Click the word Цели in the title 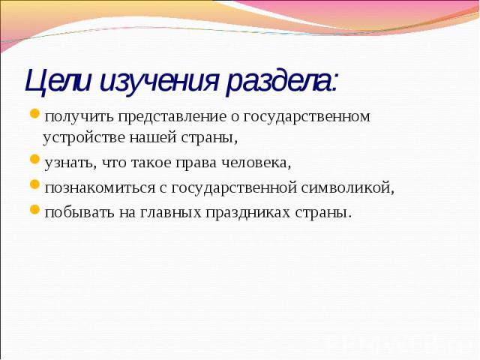point(58,81)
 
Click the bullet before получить point(34,114)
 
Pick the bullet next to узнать point(34,160)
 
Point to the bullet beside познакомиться point(34,184)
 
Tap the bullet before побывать point(34,209)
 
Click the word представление point(172,117)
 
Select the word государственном point(307,117)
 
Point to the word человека point(256,163)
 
